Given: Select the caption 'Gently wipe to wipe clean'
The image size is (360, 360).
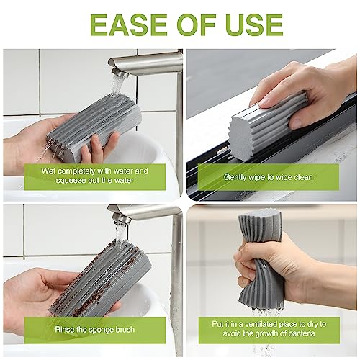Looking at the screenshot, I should [268, 176].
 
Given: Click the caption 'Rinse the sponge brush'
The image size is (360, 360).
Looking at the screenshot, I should [92, 329].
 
